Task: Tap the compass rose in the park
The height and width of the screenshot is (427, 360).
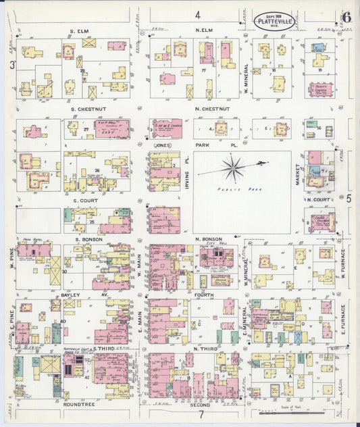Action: coord(234,167)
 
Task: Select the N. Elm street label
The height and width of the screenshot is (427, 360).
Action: coord(205,31)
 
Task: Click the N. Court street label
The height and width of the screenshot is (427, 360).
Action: coord(317,200)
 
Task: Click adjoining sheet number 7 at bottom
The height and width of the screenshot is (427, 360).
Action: coord(201,413)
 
